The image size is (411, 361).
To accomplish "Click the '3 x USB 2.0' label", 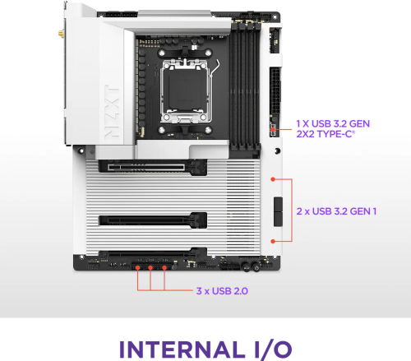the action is tap(222, 291).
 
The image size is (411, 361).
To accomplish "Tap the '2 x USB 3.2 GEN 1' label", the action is tap(336, 211).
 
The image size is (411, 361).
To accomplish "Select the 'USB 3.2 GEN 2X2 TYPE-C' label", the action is tap(333, 128).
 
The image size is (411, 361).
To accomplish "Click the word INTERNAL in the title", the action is tap(182, 349).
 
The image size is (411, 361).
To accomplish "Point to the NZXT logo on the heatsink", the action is tap(112, 112).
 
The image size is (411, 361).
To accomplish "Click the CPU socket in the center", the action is tap(185, 91).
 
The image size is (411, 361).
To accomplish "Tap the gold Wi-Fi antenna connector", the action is tap(61, 34).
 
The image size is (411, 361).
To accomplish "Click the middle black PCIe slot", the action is tap(152, 220).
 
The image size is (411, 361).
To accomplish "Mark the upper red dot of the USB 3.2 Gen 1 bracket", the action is tap(273, 179).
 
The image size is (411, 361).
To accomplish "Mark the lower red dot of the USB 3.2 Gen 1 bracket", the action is tap(273, 241).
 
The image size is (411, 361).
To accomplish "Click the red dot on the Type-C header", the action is tap(273, 129).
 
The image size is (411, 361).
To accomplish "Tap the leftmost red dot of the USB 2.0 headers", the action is tap(138, 267).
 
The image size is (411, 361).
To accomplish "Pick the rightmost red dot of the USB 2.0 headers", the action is tap(164, 267).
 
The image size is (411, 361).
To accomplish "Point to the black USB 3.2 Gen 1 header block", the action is tap(278, 211).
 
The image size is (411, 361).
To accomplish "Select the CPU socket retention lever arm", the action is tap(215, 70).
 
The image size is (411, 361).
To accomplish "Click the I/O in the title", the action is tap(273, 349).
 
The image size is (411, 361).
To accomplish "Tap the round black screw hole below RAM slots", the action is tap(277, 150).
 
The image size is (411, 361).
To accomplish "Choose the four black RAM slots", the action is tap(245, 86).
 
